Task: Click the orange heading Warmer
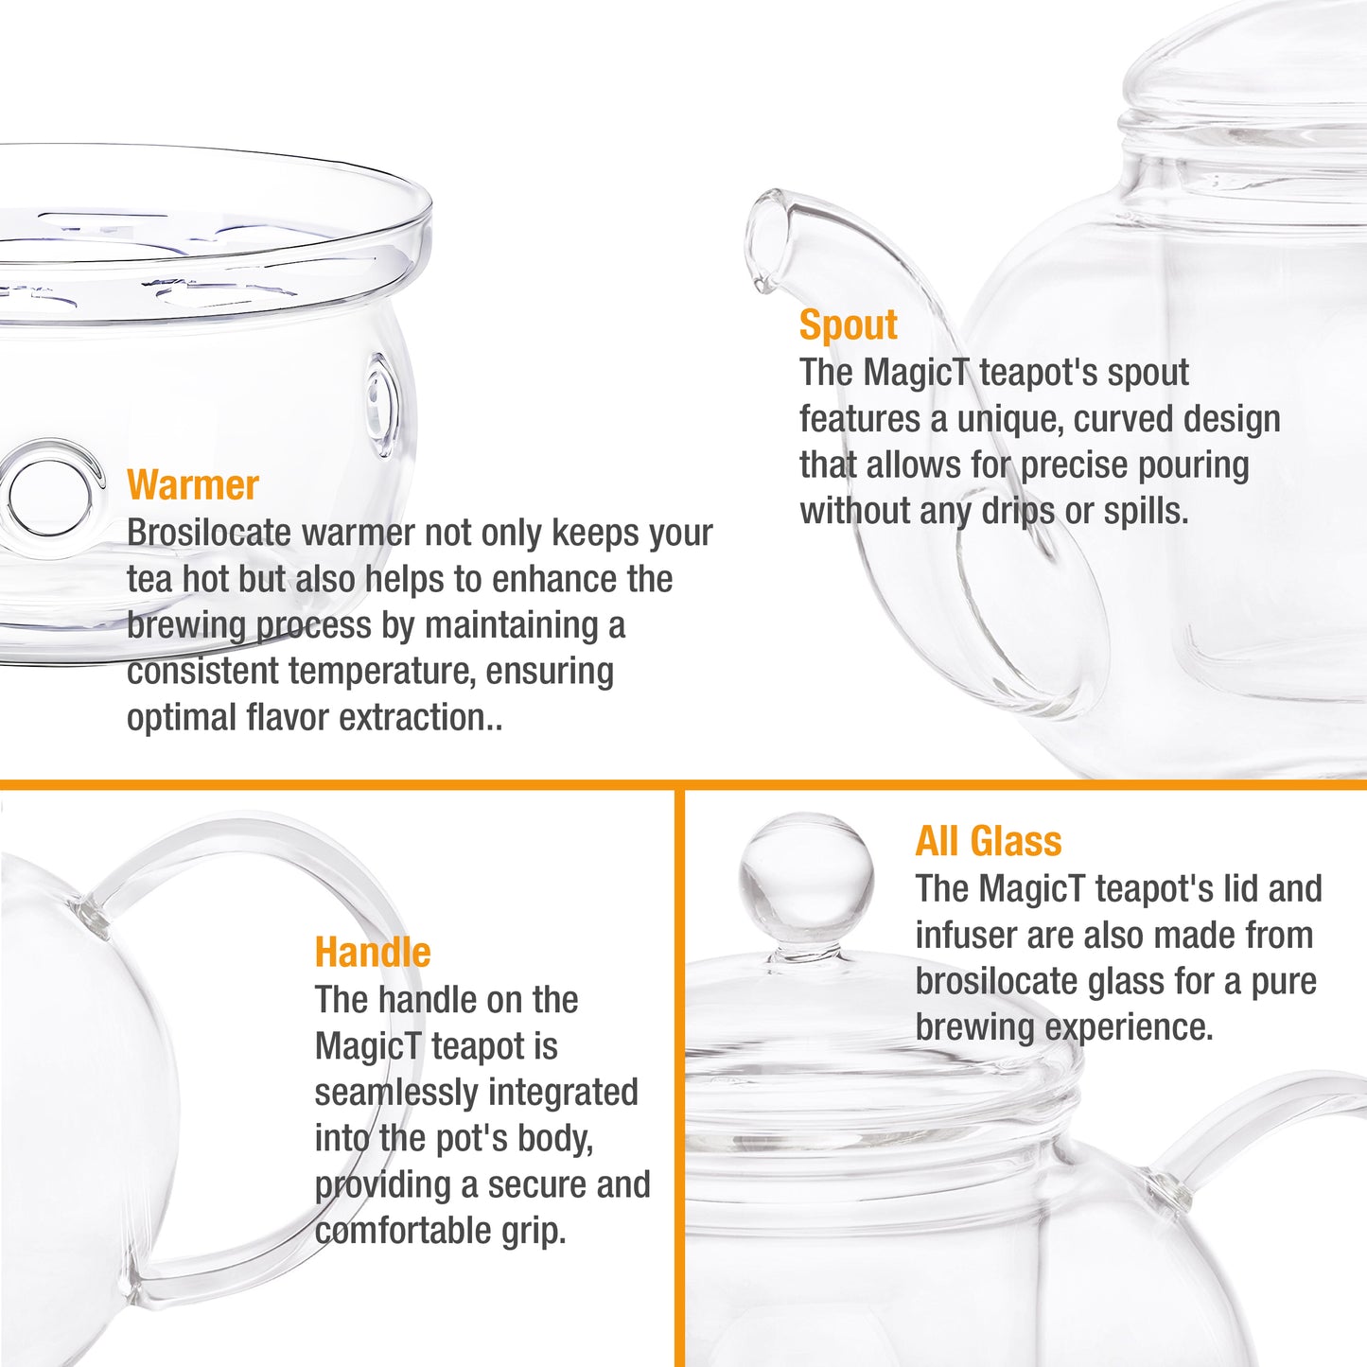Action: pos(192,485)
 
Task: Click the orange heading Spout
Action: pos(849,325)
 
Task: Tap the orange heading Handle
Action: pos(373,952)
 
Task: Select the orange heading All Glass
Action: pos(989,841)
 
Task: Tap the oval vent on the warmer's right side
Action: pos(382,405)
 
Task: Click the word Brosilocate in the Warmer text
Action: pos(209,534)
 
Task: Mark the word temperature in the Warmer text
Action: pos(381,673)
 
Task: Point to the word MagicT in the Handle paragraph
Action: pos(369,1046)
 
